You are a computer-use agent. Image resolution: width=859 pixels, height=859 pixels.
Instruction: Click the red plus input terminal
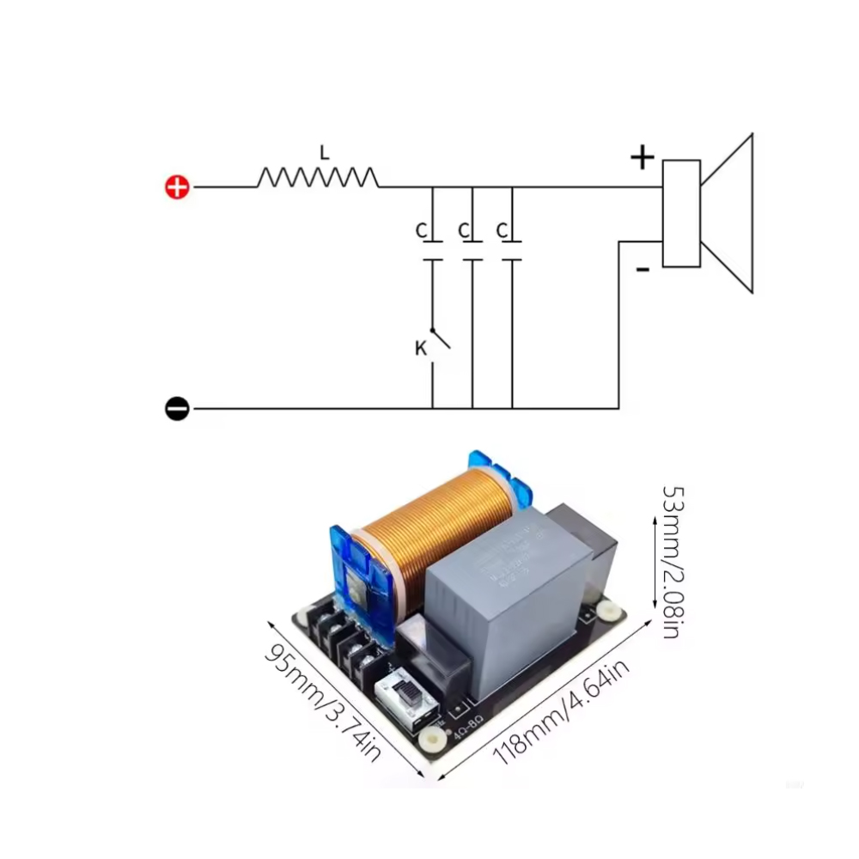[x=177, y=187]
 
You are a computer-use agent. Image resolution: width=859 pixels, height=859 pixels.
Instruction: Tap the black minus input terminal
[x=177, y=409]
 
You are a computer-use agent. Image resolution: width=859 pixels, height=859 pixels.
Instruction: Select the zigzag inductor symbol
[x=317, y=178]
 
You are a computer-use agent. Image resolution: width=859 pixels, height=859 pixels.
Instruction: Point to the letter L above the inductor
[x=324, y=153]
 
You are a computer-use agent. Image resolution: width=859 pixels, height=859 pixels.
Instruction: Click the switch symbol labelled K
[x=440, y=339]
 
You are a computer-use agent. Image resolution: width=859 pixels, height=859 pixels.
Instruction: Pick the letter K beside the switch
[x=420, y=349]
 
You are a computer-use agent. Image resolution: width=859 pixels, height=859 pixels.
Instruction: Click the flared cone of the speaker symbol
[x=728, y=213]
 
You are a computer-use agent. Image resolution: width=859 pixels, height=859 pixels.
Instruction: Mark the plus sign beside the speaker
[x=642, y=157]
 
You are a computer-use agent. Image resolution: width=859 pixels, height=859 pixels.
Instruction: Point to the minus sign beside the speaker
[x=643, y=270]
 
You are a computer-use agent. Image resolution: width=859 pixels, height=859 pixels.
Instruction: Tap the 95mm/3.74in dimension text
[x=321, y=701]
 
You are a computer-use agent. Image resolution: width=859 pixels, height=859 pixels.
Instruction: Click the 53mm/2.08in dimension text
[x=671, y=562]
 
